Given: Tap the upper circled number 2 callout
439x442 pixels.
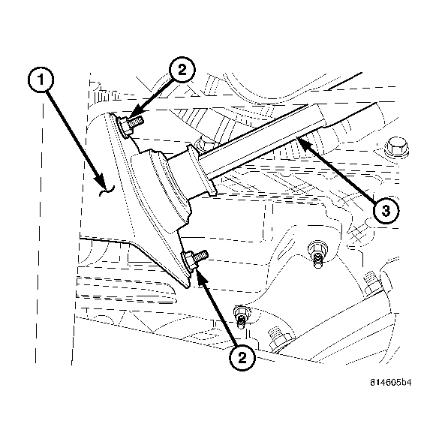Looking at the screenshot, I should (x=182, y=71).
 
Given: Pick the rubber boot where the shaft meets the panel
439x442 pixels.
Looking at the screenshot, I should (x=161, y=188).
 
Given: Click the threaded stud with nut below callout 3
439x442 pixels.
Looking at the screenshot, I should (x=318, y=251).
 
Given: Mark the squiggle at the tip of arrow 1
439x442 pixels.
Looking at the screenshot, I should (x=105, y=192).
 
